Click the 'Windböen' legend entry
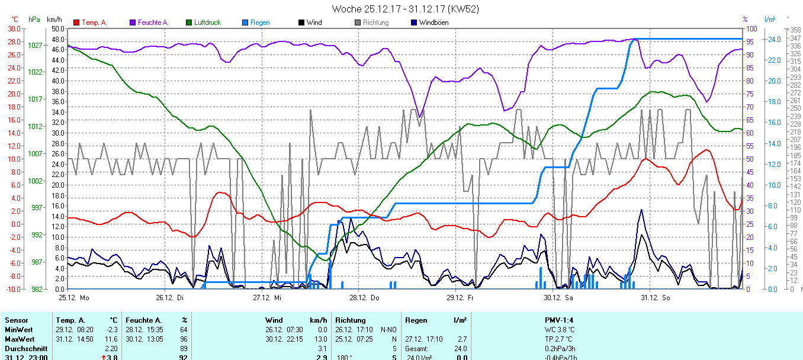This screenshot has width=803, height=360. (433, 22)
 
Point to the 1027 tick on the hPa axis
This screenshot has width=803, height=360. (36, 45)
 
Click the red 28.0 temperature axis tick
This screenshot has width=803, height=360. (14, 41)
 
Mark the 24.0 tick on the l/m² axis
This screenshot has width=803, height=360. (773, 40)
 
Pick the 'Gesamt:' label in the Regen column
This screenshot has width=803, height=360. (417, 349)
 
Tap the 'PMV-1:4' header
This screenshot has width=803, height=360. (560, 320)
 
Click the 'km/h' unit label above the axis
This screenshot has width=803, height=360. (55, 19)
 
